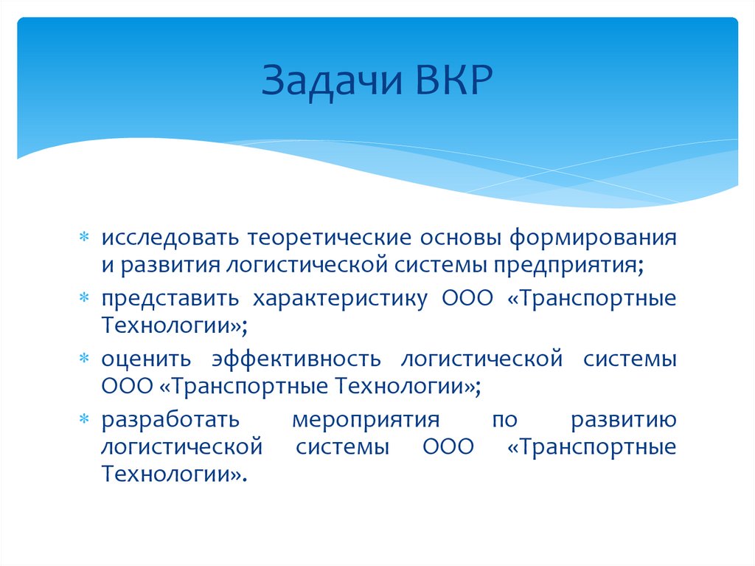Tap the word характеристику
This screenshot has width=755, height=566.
tap(341, 299)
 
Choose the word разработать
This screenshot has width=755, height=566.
tap(170, 420)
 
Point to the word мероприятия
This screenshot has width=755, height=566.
tap(366, 420)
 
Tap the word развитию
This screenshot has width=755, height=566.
tap(623, 420)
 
